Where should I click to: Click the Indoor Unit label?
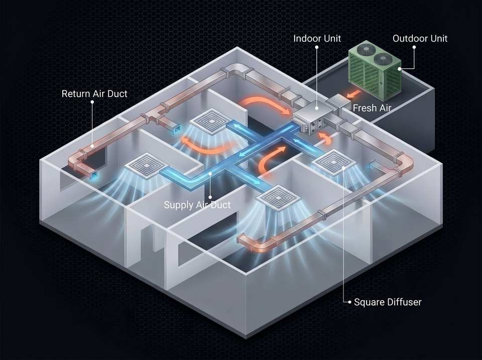click(317, 39)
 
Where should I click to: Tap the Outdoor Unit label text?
click(420, 39)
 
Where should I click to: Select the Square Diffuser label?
click(388, 302)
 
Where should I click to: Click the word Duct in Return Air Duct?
click(117, 93)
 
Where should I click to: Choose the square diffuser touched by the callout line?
click(333, 162)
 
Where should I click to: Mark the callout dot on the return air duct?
click(92, 146)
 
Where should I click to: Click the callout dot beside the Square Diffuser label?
click(349, 302)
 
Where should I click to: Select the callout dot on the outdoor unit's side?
click(400, 69)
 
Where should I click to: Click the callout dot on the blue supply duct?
click(210, 174)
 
